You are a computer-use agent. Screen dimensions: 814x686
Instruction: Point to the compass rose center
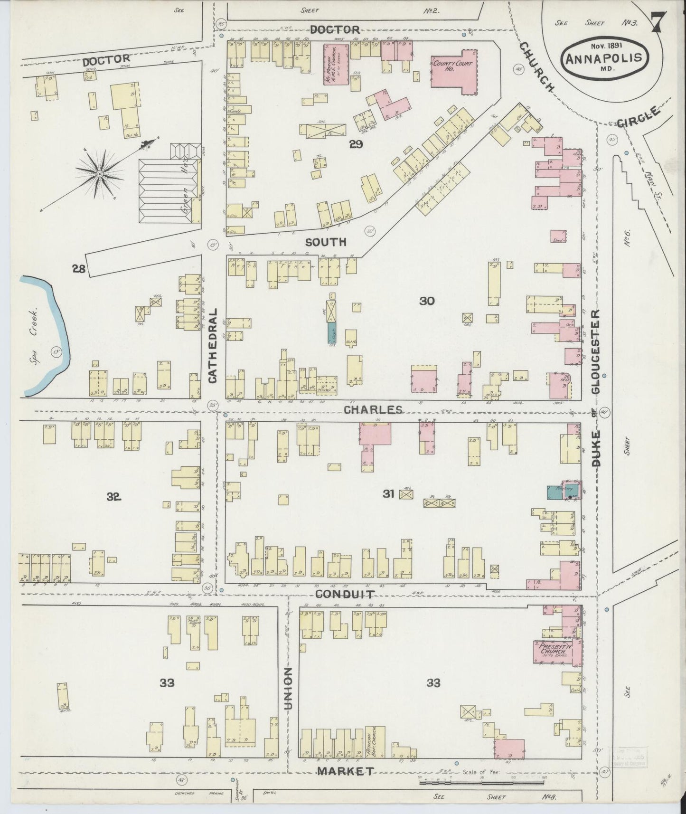click(100, 174)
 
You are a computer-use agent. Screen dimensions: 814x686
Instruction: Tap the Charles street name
click(373, 409)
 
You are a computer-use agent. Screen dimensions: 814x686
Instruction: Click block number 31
click(389, 494)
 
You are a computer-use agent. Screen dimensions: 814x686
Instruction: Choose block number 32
click(114, 497)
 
